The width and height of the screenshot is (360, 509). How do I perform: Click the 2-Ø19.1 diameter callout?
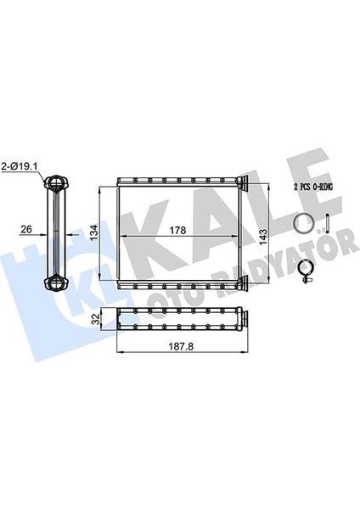[x=20, y=167]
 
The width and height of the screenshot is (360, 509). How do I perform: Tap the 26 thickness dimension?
[x=26, y=229]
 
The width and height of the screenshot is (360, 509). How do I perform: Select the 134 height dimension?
[x=94, y=232]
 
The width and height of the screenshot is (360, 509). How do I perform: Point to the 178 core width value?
[x=178, y=230]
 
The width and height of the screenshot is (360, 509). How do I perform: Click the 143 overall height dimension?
[x=263, y=237]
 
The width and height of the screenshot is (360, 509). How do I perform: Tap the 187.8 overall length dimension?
[x=181, y=346]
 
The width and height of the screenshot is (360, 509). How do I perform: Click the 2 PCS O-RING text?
[x=313, y=187]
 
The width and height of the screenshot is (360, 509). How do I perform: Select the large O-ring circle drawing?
[x=303, y=222]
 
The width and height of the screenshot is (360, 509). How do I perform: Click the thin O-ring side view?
[x=327, y=222]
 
